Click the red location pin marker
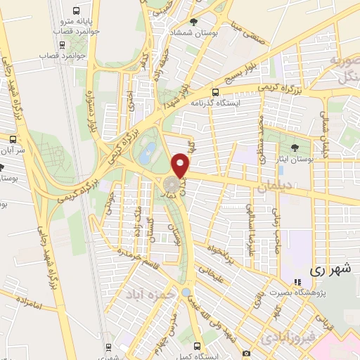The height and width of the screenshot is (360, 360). tap(181, 165)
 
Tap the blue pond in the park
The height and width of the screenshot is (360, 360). tap(148, 152)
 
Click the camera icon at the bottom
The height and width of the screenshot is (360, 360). tap(245, 352)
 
